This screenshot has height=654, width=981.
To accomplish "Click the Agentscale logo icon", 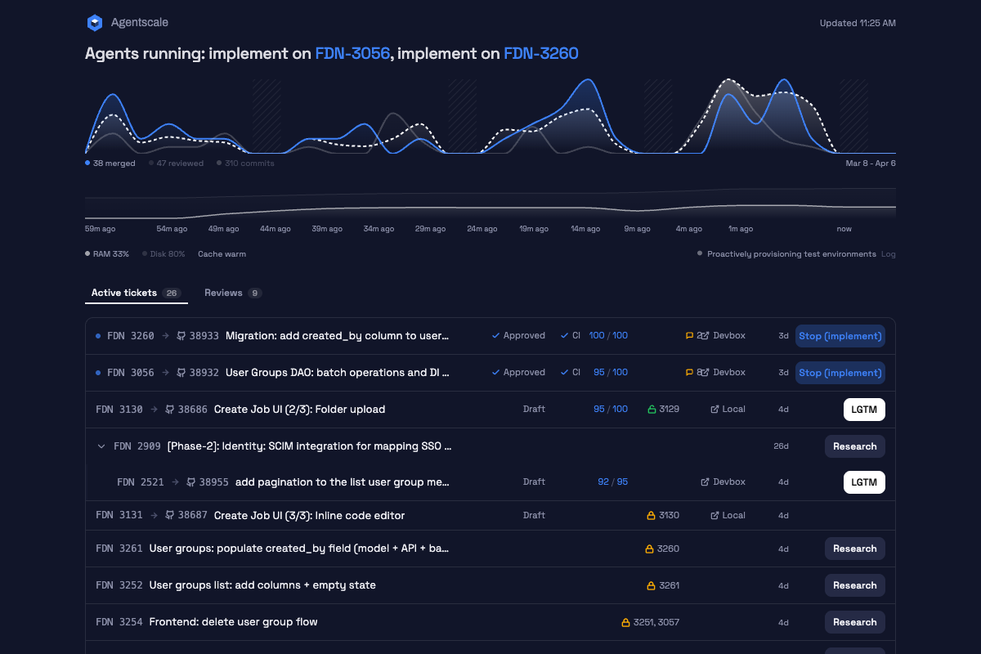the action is pyautogui.click(x=95, y=23).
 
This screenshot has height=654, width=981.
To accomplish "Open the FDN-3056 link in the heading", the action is pyautogui.click(x=352, y=53).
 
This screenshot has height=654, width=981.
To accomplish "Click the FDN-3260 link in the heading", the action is pyautogui.click(x=541, y=53).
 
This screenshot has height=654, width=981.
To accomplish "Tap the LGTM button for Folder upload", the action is pyautogui.click(x=864, y=410).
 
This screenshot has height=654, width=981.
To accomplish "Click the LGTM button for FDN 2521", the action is pyautogui.click(x=864, y=482).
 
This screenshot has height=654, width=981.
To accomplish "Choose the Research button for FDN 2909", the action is pyautogui.click(x=855, y=446).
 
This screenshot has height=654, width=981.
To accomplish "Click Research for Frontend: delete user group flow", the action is pyautogui.click(x=855, y=622).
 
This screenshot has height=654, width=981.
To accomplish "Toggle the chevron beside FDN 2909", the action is pyautogui.click(x=101, y=446).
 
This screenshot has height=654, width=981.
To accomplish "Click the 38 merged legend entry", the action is pyautogui.click(x=110, y=163).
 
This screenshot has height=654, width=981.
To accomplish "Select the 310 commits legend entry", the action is pyautogui.click(x=245, y=163).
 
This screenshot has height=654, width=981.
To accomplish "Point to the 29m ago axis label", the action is pyautogui.click(x=430, y=229).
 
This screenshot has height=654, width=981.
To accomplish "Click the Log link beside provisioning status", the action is pyautogui.click(x=888, y=254).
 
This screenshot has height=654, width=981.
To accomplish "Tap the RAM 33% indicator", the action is pyautogui.click(x=107, y=254).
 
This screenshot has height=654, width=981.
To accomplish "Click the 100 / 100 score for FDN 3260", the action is pyautogui.click(x=608, y=335).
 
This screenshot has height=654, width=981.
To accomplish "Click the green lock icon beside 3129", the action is pyautogui.click(x=652, y=409).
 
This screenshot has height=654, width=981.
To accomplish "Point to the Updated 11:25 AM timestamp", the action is pyautogui.click(x=858, y=23).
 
